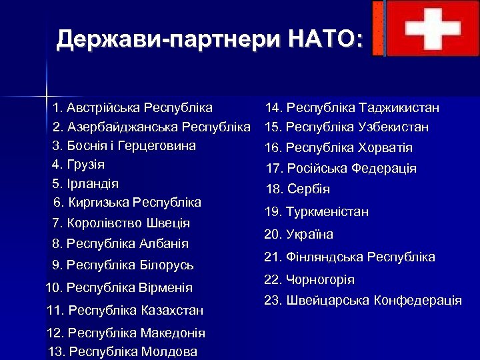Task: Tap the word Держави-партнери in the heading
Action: click(x=169, y=39)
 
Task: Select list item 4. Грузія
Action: click(x=79, y=164)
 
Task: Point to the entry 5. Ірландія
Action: click(x=85, y=183)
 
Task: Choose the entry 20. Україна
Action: click(x=299, y=235)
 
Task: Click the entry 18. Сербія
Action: click(x=298, y=189)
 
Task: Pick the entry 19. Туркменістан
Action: click(x=317, y=212)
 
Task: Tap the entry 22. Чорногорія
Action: click(x=309, y=280)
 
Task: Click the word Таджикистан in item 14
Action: click(x=399, y=108)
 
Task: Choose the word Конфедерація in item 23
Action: click(x=418, y=301)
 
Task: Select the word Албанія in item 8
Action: click(x=164, y=244)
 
